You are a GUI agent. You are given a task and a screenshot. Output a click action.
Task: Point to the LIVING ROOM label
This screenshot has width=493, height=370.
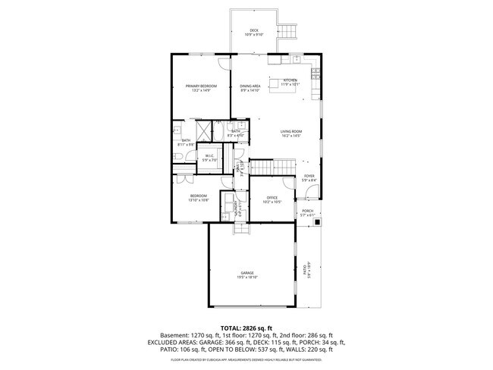291,132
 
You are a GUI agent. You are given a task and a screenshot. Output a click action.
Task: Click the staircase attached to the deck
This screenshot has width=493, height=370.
287,31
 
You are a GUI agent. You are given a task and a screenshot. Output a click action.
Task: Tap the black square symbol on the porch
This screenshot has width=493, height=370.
319,223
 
